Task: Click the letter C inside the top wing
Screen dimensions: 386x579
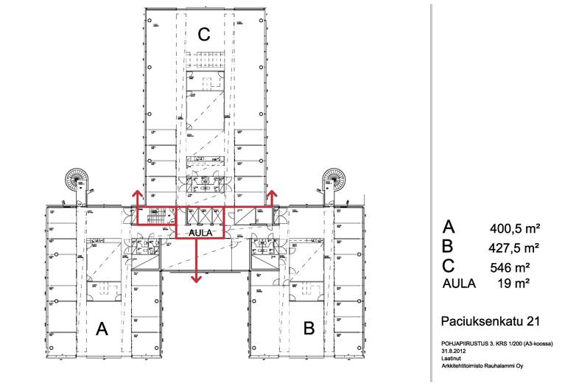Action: coord(204,34)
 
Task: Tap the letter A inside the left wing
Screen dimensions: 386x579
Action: coord(102,329)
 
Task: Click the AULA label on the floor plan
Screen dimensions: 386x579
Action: coord(200,233)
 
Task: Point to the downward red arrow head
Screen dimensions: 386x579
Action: coord(196,278)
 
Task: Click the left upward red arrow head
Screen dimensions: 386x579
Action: coord(137,193)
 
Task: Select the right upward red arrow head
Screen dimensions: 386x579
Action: coord(271,193)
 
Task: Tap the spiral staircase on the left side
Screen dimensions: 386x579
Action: coord(76,178)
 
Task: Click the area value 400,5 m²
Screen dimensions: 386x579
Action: coord(514,228)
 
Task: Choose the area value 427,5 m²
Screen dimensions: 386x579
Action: coord(514,247)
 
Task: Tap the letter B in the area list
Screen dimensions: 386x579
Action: coord(447,246)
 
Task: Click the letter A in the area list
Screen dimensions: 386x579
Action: coord(447,227)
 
